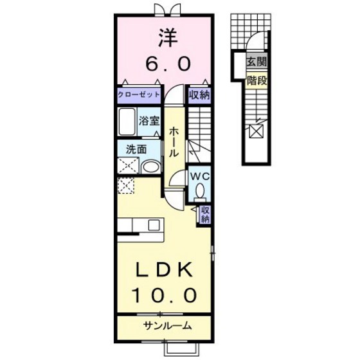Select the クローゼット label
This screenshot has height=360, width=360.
click(x=138, y=95)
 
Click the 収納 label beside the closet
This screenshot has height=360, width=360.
click(x=199, y=95)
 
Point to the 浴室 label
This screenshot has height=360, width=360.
click(x=149, y=119)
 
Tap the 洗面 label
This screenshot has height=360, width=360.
click(x=136, y=148)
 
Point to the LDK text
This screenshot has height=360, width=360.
click(x=164, y=269)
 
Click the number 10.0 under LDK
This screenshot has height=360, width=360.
click(x=164, y=295)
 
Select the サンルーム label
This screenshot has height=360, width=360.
click(x=166, y=326)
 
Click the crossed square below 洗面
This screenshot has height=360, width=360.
click(x=125, y=186)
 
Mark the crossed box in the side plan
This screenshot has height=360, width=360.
click(x=256, y=132)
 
